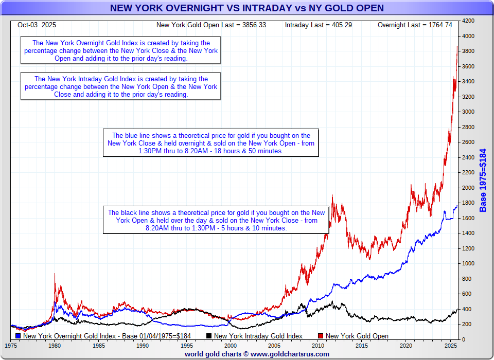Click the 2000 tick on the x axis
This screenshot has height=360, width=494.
click(231, 346)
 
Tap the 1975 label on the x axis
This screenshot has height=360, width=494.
click(11, 346)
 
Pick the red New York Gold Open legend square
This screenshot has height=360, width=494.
click(321, 336)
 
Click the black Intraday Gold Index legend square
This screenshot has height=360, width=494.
click(209, 336)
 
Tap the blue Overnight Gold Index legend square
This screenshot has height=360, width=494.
click(19, 336)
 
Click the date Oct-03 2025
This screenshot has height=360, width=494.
click(37, 25)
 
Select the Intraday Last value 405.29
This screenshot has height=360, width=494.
click(340, 25)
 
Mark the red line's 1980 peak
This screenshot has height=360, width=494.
click(55, 274)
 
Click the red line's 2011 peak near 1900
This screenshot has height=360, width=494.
click(332, 195)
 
